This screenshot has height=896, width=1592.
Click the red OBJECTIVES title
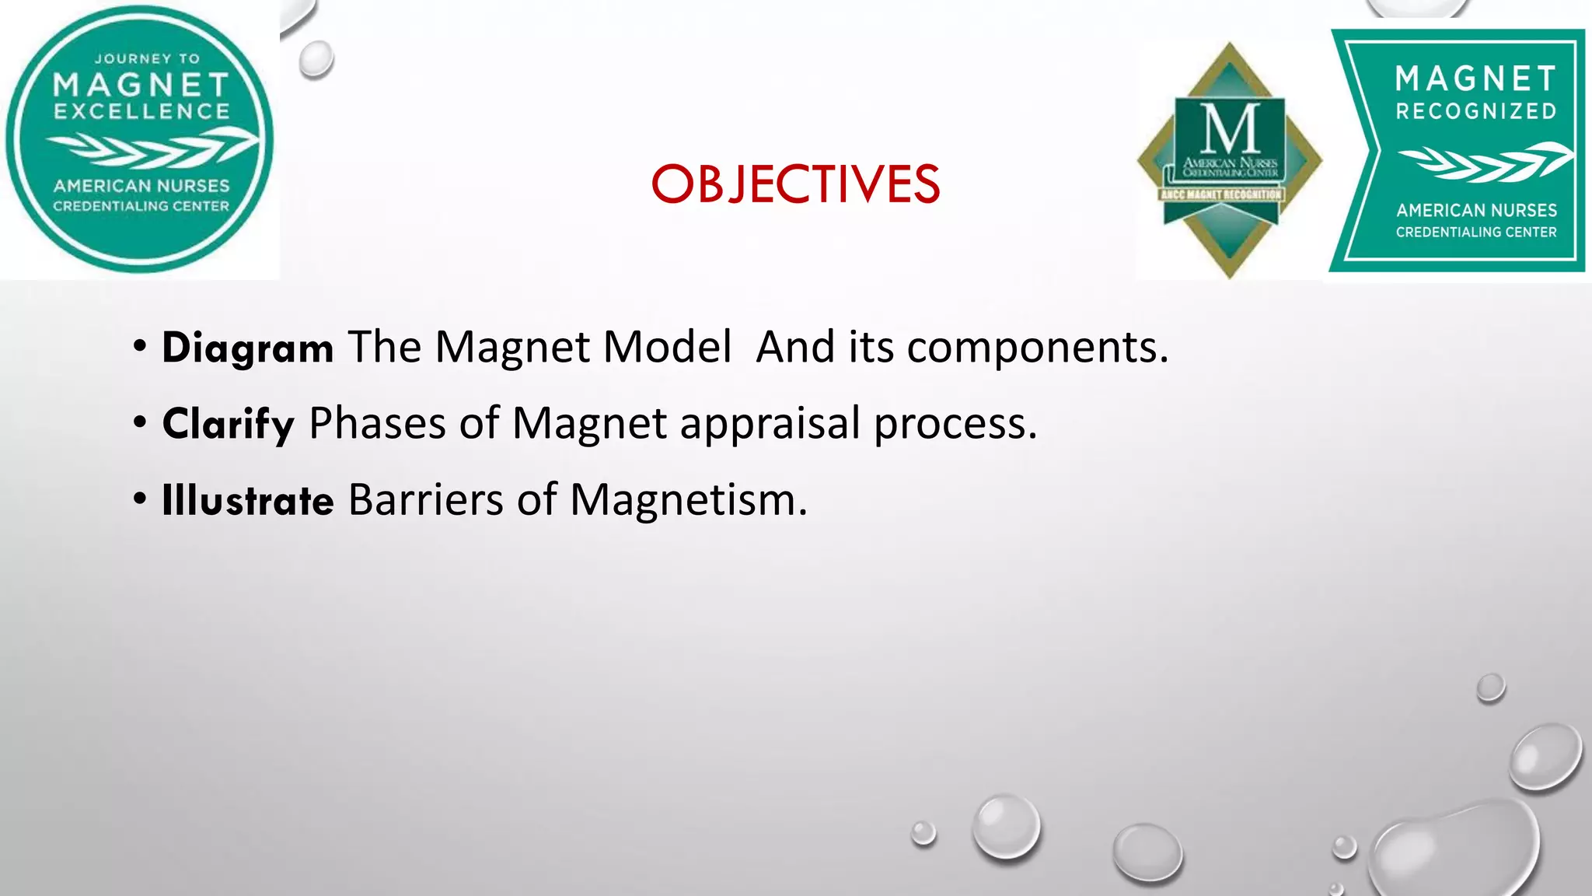(x=795, y=185)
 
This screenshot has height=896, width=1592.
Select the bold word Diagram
(x=247, y=348)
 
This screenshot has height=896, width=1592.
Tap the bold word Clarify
(x=228, y=425)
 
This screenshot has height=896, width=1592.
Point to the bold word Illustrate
(x=247, y=500)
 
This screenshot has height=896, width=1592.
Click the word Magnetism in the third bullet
(x=688, y=500)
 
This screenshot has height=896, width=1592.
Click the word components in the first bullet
(x=1037, y=348)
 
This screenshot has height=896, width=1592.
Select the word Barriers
(x=425, y=500)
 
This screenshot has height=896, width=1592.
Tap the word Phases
(x=377, y=425)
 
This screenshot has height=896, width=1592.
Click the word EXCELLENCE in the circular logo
(x=141, y=112)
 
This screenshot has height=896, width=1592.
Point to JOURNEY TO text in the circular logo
(x=147, y=59)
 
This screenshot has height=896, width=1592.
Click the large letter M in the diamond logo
(x=1230, y=129)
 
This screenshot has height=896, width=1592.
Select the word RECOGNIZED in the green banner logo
(x=1476, y=112)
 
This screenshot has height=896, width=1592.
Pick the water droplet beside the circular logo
(x=316, y=59)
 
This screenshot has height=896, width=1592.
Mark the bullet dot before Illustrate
(x=140, y=499)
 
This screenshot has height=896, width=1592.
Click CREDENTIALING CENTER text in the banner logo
(x=1476, y=232)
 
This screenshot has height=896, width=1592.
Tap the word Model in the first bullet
(x=667, y=348)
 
